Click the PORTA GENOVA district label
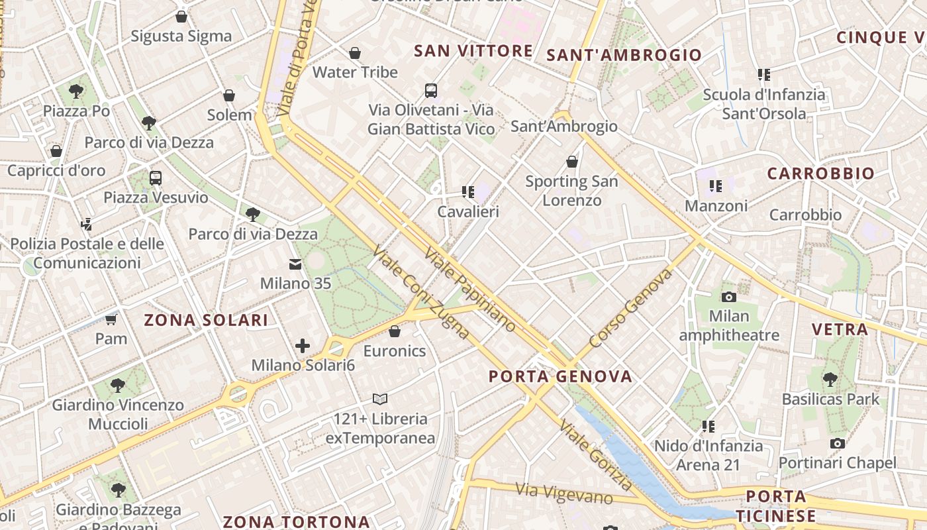[x=560, y=377]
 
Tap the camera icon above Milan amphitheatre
[x=729, y=297]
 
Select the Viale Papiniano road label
[x=470, y=290]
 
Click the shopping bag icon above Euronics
[x=395, y=331]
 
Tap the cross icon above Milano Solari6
[x=303, y=345]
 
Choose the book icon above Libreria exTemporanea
[x=380, y=399]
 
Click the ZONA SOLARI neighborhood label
[x=207, y=321]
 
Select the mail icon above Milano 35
[x=295, y=265]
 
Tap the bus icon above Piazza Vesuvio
[x=156, y=178]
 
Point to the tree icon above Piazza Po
[x=76, y=91]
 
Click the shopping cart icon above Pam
[x=111, y=320]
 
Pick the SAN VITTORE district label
[x=473, y=51]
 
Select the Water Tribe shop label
[x=355, y=72]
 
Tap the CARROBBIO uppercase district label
[x=820, y=174]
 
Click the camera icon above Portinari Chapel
[x=838, y=444]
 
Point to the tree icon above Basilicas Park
[x=830, y=380]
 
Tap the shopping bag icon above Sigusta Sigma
[x=181, y=17]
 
